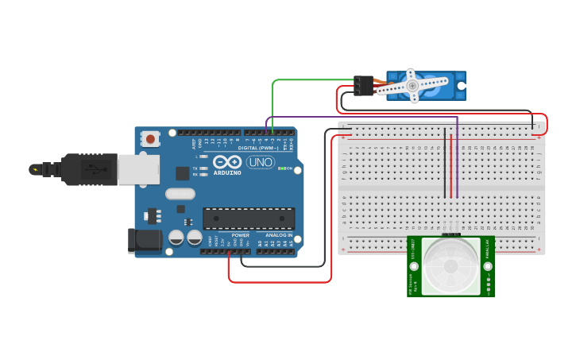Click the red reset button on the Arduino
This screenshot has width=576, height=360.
pyautogui.click(x=151, y=139)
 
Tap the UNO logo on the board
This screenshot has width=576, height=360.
pyautogui.click(x=260, y=162)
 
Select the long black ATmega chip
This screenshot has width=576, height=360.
pyautogui.click(x=249, y=219)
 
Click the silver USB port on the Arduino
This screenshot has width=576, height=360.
pyautogui.click(x=137, y=169)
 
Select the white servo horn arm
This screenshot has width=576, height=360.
pyautogui.click(x=412, y=85)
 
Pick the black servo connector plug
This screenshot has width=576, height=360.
pyautogui.click(x=364, y=85)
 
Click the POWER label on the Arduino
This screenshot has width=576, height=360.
pyautogui.click(x=241, y=235)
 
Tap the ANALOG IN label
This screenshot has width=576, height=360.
pyautogui.click(x=278, y=235)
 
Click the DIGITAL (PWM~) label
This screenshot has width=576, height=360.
pyautogui.click(x=258, y=148)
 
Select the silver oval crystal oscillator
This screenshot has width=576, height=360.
pyautogui.click(x=180, y=193)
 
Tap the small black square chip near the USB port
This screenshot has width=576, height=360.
pyautogui.click(x=183, y=172)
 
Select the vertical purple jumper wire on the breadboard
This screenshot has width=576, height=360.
pyautogui.click(x=457, y=159)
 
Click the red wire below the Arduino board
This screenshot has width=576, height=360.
pyautogui.click(x=278, y=281)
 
